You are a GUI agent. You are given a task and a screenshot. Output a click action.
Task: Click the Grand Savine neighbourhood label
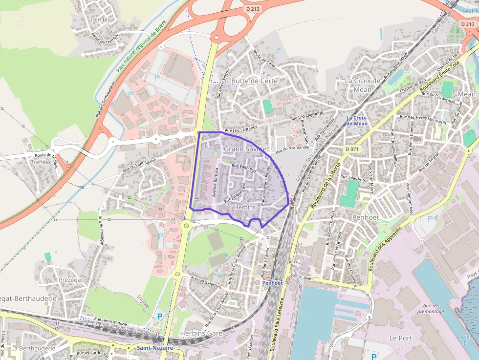pyautogui.click(x=245, y=148)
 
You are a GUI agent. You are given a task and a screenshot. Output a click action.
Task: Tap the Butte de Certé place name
pyautogui.click(x=254, y=81)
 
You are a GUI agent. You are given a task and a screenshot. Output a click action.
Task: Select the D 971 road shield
pyautogui.click(x=351, y=148)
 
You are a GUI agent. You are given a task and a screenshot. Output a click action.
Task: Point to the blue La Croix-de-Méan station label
pyautogui.click(x=357, y=121)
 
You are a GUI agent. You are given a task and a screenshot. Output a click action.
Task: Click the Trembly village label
pyautogui.click(x=100, y=20)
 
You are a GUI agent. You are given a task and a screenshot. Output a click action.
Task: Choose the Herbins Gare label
pyautogui.click(x=201, y=333)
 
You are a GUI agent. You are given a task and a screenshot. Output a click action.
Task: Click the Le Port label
pyautogui.click(x=400, y=338)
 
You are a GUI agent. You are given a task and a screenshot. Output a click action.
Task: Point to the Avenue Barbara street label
pyautogui.click(x=215, y=182)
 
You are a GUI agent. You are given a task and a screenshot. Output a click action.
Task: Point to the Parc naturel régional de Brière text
pyautogui.click(x=142, y=46)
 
